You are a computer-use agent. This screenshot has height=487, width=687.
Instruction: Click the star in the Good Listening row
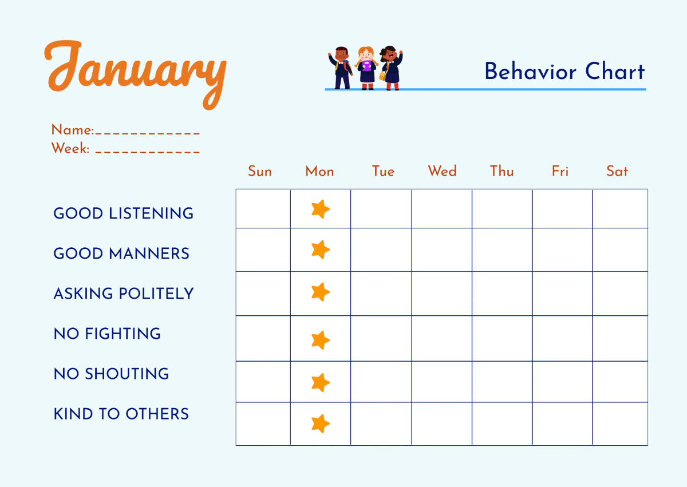click(x=320, y=209)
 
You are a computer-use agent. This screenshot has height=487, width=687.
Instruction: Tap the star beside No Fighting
click(x=320, y=340)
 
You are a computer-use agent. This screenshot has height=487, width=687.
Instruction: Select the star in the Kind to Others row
click(x=320, y=423)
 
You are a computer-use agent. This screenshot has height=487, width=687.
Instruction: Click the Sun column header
click(x=260, y=171)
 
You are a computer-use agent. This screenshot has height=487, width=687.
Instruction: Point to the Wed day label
click(x=442, y=171)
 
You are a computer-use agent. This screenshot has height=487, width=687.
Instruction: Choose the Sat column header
click(x=617, y=171)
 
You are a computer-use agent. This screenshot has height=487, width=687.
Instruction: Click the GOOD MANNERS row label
click(x=121, y=254)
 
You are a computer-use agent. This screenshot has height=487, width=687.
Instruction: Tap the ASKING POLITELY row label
click(x=124, y=294)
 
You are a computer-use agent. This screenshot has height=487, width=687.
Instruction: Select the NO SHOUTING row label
click(x=111, y=374)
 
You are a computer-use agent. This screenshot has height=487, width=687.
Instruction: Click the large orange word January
click(x=135, y=72)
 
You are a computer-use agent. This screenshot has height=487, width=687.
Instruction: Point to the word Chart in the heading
click(x=615, y=72)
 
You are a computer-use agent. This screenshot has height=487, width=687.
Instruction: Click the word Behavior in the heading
click(x=530, y=72)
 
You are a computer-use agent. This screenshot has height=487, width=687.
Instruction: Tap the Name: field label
click(x=73, y=130)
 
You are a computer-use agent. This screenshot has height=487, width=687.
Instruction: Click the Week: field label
click(x=70, y=149)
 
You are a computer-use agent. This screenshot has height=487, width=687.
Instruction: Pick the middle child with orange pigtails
click(x=366, y=67)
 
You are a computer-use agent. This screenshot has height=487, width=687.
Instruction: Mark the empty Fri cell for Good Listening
click(x=562, y=209)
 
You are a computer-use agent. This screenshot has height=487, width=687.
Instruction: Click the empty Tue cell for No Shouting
click(x=381, y=382)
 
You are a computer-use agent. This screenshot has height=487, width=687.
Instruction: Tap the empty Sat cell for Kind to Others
click(x=620, y=423)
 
